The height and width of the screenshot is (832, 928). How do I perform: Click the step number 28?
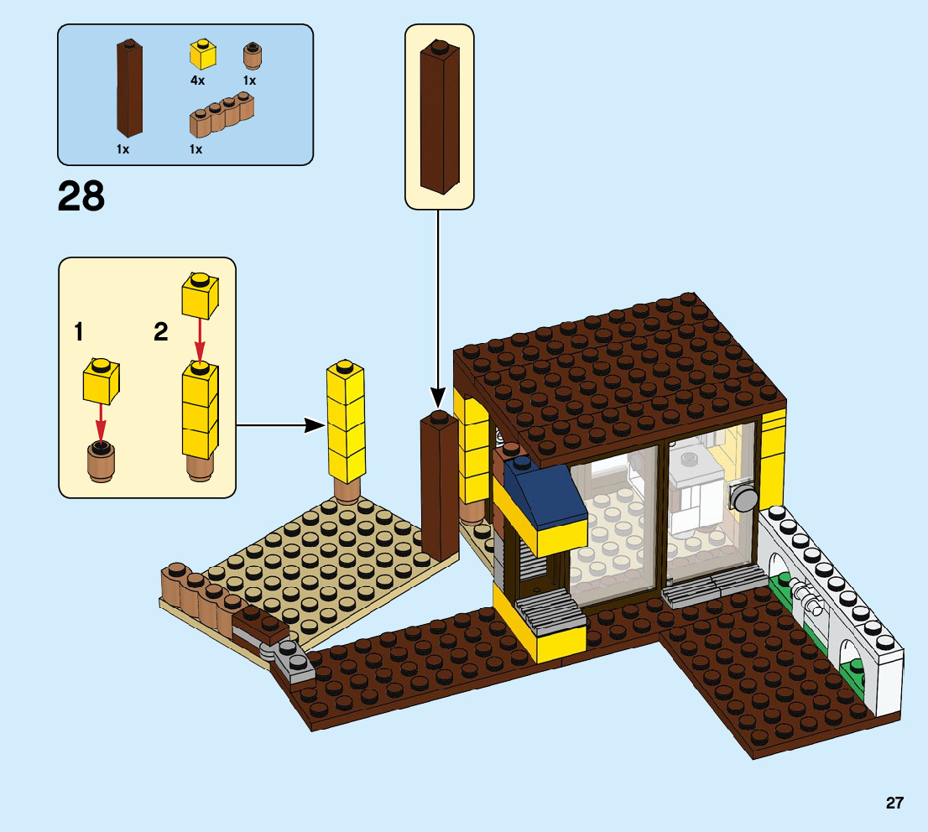[81, 196]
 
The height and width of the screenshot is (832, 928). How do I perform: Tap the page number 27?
[894, 803]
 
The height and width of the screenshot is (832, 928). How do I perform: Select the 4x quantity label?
[197, 80]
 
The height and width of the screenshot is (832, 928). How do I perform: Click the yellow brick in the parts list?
[202, 55]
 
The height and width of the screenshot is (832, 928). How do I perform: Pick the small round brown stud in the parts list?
[251, 56]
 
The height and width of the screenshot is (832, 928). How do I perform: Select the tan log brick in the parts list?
[222, 115]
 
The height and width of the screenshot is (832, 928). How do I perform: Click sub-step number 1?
[79, 333]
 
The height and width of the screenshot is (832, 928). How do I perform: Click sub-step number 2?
[161, 333]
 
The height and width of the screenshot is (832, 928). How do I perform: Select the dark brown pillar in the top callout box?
[440, 117]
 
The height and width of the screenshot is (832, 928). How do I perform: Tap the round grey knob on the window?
[743, 498]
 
